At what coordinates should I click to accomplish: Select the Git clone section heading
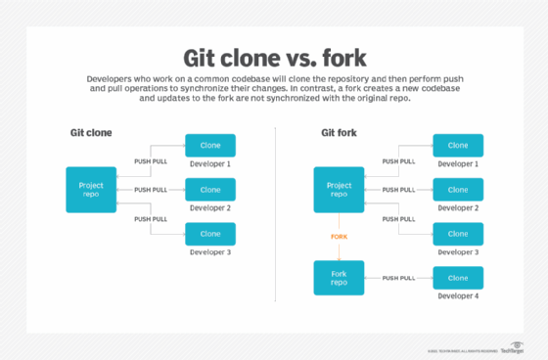(90, 132)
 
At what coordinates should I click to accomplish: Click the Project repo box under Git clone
(91, 190)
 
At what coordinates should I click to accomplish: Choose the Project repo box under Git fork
(339, 190)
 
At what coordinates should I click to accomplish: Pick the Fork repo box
(339, 278)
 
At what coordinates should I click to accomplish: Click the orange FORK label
(339, 236)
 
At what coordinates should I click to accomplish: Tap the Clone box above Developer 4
(458, 278)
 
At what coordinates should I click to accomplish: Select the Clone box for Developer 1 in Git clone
(210, 146)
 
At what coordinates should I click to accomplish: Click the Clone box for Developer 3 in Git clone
(210, 234)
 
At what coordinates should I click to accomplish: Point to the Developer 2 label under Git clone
(210, 207)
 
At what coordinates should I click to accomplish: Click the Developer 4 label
(458, 295)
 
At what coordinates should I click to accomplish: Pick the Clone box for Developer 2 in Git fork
(458, 190)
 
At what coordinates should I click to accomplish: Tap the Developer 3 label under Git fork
(458, 251)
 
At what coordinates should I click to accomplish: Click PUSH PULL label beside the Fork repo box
(398, 278)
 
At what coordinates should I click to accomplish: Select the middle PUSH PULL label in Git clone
(151, 190)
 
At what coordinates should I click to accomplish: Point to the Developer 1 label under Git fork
(458, 163)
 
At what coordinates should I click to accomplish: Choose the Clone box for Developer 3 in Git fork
(458, 234)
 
